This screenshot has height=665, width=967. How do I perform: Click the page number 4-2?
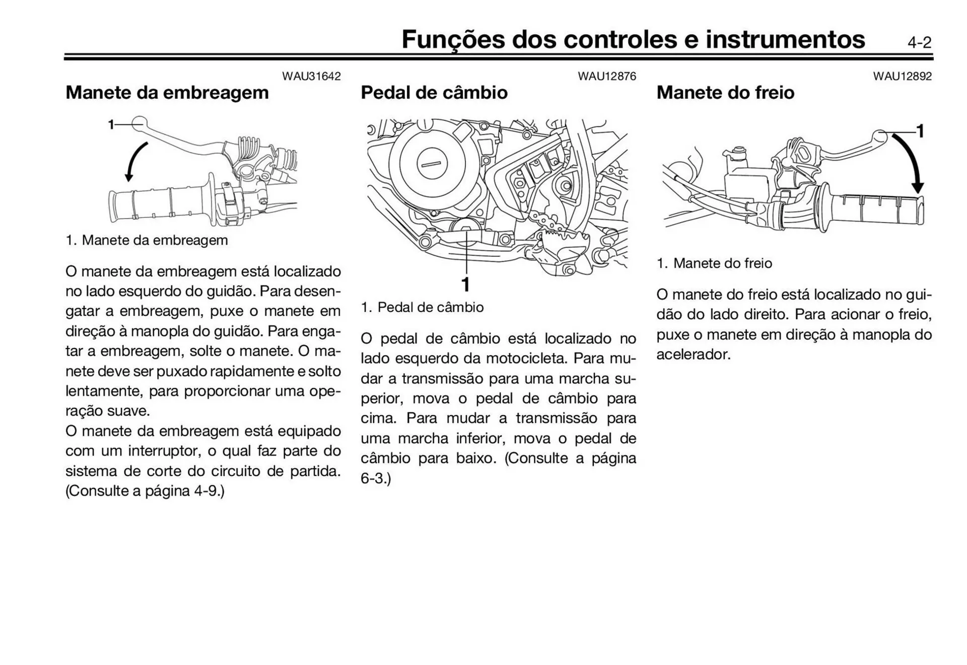click(x=919, y=43)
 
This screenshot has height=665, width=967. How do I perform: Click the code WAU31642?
click(x=311, y=77)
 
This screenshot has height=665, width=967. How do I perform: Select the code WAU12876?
click(x=606, y=77)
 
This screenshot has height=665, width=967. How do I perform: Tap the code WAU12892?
click(x=902, y=77)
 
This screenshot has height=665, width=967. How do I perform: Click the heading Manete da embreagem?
click(x=167, y=93)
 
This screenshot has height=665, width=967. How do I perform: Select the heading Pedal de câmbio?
click(x=434, y=93)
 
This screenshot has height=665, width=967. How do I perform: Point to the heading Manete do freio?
click(x=725, y=93)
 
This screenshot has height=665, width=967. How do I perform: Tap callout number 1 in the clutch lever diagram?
click(x=111, y=124)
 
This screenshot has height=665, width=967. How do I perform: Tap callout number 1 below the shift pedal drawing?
click(x=466, y=284)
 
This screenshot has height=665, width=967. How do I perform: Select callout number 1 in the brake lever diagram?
click(x=920, y=131)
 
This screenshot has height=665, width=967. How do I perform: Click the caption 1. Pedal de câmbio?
click(x=422, y=308)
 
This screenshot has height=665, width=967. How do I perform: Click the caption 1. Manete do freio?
click(x=714, y=263)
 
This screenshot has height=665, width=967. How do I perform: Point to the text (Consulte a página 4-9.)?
click(x=145, y=491)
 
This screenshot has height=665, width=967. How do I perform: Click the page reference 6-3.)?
click(x=376, y=478)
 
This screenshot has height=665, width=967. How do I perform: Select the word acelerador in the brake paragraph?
click(x=693, y=354)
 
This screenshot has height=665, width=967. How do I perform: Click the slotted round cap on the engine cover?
click(x=432, y=164)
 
